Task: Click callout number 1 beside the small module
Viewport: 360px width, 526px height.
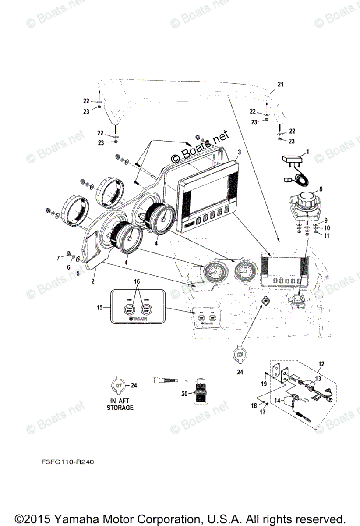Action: (307, 152)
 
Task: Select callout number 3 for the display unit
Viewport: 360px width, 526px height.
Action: (239, 152)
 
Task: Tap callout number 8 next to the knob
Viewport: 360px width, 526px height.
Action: (321, 189)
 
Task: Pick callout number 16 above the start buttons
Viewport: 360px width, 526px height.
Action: (137, 281)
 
